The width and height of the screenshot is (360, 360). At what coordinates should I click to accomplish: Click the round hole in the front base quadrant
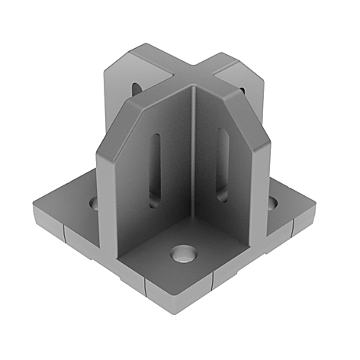coord(182,253)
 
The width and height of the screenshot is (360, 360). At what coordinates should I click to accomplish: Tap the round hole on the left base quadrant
coord(95,204)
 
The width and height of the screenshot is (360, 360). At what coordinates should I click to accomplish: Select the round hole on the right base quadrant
coord(270,203)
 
